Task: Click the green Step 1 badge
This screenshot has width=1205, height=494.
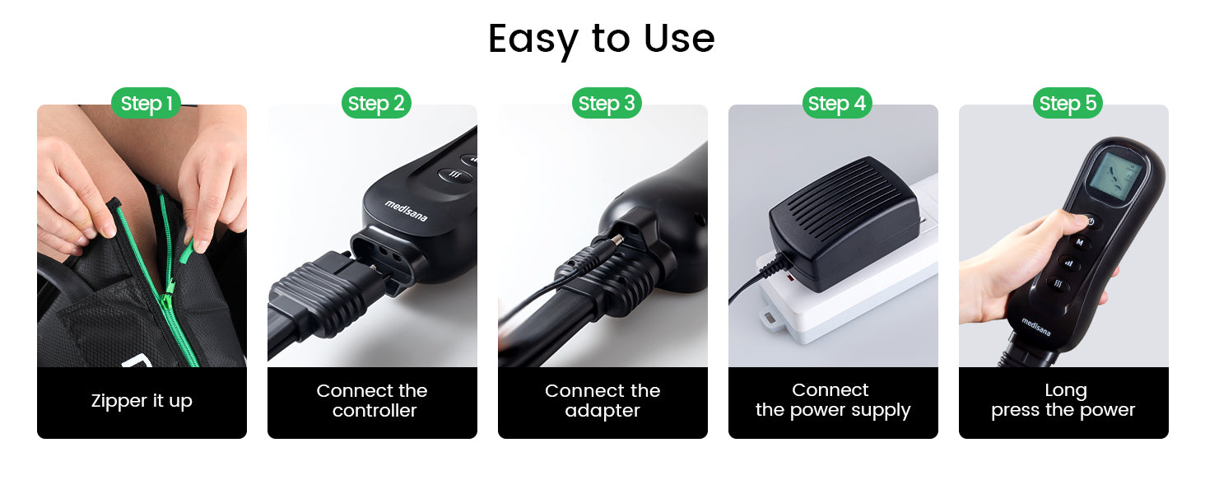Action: [146, 103]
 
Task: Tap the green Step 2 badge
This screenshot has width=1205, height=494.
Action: [376, 103]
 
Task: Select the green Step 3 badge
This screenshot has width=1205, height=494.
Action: [607, 103]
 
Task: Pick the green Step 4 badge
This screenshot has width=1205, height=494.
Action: [837, 103]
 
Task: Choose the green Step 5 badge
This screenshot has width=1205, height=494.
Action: [1068, 103]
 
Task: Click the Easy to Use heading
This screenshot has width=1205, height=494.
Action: [602, 40]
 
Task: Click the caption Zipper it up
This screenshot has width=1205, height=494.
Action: [142, 401]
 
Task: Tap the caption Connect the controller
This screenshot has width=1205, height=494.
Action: [372, 400]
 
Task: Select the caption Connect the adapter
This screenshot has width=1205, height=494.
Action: [602, 400]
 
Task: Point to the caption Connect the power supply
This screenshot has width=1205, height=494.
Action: [833, 400]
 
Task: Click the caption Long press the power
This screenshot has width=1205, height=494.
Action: [1063, 400]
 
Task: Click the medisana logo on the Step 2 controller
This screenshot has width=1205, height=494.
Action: [407, 211]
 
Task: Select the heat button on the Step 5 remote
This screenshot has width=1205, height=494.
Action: [1058, 283]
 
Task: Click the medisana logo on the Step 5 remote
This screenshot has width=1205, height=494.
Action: [1035, 327]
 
